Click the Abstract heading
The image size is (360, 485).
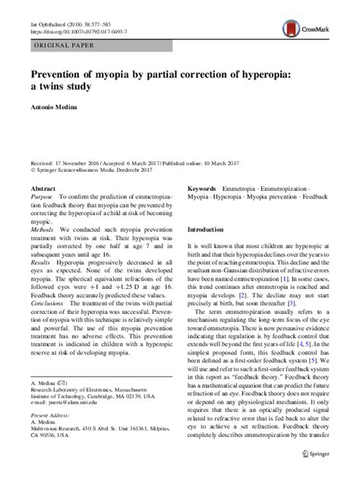tap(42, 186)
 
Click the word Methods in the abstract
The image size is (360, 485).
tap(43, 227)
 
